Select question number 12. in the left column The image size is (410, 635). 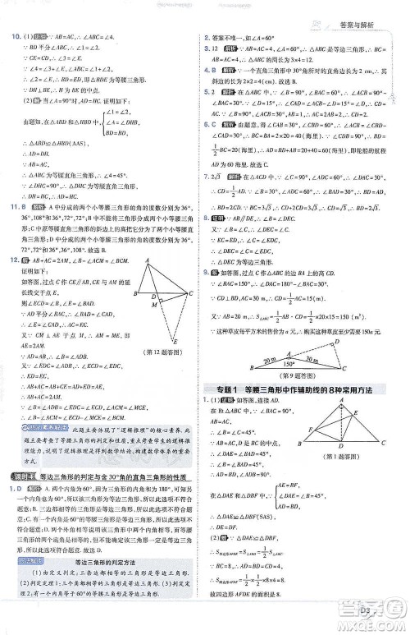pyautogui.click(x=13, y=282)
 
